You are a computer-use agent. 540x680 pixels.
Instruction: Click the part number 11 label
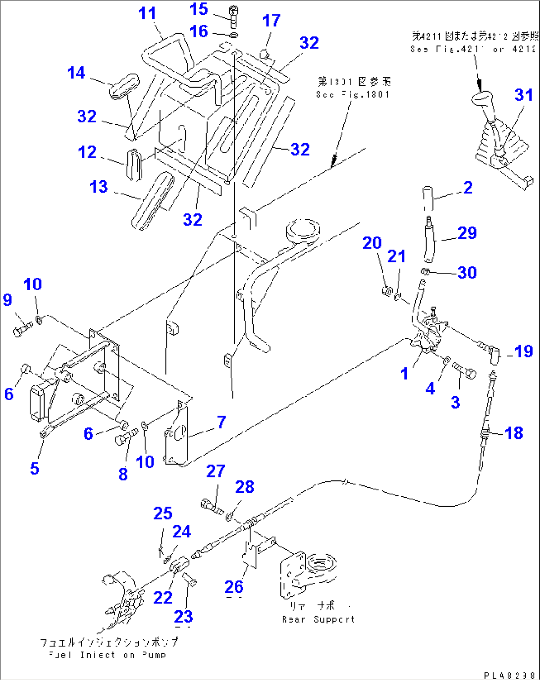[x=147, y=13]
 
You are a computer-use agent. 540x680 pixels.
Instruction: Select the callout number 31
[x=523, y=95]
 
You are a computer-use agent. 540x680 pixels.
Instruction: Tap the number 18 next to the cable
[x=514, y=433]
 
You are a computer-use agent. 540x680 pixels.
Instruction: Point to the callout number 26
[x=234, y=586]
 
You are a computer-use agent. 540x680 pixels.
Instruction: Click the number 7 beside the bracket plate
[x=221, y=422]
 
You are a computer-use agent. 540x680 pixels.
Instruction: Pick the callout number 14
[x=76, y=73]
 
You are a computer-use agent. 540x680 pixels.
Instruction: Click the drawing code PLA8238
[x=510, y=675]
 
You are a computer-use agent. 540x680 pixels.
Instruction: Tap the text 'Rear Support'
[x=318, y=619]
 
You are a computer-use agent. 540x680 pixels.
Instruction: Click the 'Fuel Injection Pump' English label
[x=107, y=655]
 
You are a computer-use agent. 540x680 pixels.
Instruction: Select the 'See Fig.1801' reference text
[x=353, y=94]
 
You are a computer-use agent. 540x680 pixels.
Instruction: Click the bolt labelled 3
[x=464, y=370]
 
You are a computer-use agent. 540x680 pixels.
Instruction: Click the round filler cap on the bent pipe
[x=303, y=230]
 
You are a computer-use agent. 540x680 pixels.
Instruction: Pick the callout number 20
[x=372, y=243]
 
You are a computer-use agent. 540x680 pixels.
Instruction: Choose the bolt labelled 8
[x=126, y=438]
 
